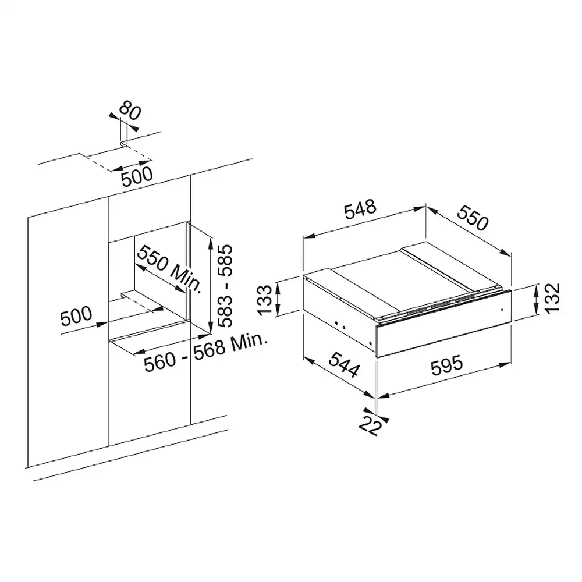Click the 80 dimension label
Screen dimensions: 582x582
coord(130,111)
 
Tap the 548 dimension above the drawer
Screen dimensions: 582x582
coord(360,210)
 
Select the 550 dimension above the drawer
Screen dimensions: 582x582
coord(473,218)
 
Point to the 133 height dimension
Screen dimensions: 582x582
coord(265,300)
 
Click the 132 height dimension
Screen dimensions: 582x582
coord(552,298)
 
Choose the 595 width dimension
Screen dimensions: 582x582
coord(446,365)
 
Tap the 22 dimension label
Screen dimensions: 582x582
coord(370,426)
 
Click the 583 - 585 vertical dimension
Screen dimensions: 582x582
coord(225,286)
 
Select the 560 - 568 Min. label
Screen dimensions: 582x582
coord(205,352)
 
